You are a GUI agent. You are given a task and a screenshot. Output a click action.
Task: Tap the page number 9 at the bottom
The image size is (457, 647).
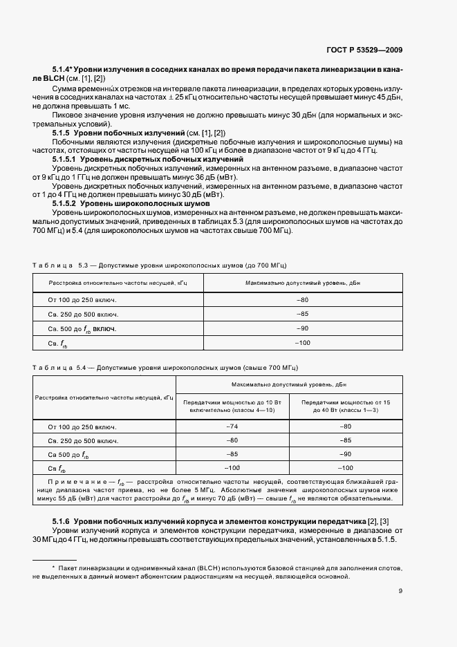pyautogui.click(x=400, y=590)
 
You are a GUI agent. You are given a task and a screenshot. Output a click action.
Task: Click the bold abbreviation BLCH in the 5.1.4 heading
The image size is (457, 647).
pyautogui.click(x=73, y=80)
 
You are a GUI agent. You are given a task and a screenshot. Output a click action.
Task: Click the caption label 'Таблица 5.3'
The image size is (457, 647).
pyautogui.click(x=57, y=265)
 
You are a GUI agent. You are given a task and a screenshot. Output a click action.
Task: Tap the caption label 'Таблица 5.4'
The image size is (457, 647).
pyautogui.click(x=57, y=367)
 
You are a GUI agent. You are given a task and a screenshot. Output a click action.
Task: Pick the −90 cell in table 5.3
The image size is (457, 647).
pyautogui.click(x=302, y=328)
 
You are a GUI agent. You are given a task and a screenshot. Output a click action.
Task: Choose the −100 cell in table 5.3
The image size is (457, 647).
pyautogui.click(x=302, y=343)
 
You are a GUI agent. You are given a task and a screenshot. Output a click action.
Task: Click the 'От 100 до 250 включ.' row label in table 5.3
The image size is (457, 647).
pyautogui.click(x=82, y=299)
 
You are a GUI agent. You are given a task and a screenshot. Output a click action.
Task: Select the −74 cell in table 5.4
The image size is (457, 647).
pyautogui.click(x=232, y=426)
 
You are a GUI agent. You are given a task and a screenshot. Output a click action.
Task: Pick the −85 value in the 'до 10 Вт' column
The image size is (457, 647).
pyautogui.click(x=232, y=454)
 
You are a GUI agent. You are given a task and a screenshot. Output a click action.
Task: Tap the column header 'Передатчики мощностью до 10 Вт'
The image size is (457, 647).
pyautogui.click(x=232, y=406)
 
